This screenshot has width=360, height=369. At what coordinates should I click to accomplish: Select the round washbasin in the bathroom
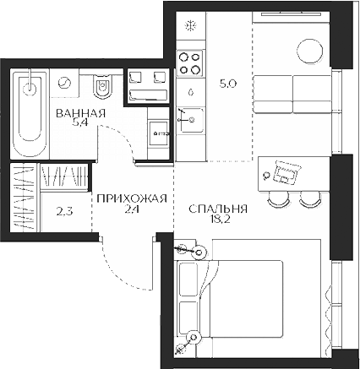65,84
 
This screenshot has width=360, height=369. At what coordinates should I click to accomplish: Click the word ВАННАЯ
80,114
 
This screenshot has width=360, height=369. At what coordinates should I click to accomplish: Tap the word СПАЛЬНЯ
218,209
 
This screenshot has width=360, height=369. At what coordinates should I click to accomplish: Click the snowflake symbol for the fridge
190,24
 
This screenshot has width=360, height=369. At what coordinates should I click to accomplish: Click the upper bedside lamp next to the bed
199,251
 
